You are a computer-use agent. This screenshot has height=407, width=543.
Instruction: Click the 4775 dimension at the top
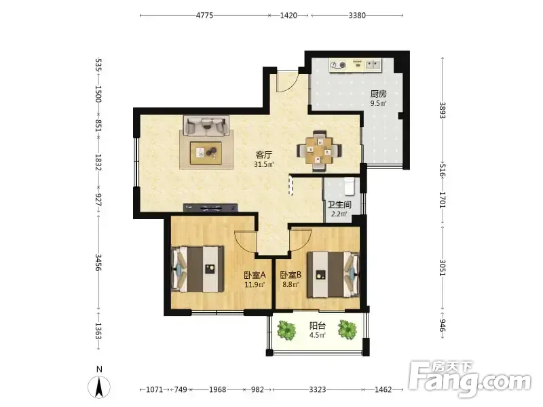(x=205, y=15)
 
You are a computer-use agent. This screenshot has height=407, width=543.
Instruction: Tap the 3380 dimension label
(x=357, y=15)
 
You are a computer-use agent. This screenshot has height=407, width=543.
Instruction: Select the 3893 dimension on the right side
(x=443, y=111)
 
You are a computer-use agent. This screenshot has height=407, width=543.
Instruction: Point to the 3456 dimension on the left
(x=98, y=263)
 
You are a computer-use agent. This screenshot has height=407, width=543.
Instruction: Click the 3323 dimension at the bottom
(x=318, y=389)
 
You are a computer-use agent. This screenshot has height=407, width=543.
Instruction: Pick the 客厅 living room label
(x=264, y=155)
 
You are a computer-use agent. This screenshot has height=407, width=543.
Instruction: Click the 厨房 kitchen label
(x=378, y=94)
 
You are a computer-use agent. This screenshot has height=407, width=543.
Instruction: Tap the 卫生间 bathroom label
(x=339, y=205)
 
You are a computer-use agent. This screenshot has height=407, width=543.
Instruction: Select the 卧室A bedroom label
(x=255, y=275)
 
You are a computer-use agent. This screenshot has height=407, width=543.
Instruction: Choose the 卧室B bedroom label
(x=291, y=275)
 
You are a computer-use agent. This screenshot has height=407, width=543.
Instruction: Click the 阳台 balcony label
(x=318, y=326)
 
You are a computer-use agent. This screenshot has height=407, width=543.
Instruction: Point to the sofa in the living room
(x=206, y=126)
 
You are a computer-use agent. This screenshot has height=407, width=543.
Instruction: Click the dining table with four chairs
(x=319, y=151)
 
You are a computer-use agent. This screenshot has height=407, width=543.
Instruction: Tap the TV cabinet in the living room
(x=210, y=208)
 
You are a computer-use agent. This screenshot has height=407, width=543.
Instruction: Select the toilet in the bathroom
(x=349, y=186)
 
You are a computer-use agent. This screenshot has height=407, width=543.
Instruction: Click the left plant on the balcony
(x=286, y=330)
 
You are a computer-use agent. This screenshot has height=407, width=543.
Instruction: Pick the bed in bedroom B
(x=333, y=275)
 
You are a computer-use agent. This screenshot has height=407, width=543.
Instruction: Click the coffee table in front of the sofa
(x=206, y=153)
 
